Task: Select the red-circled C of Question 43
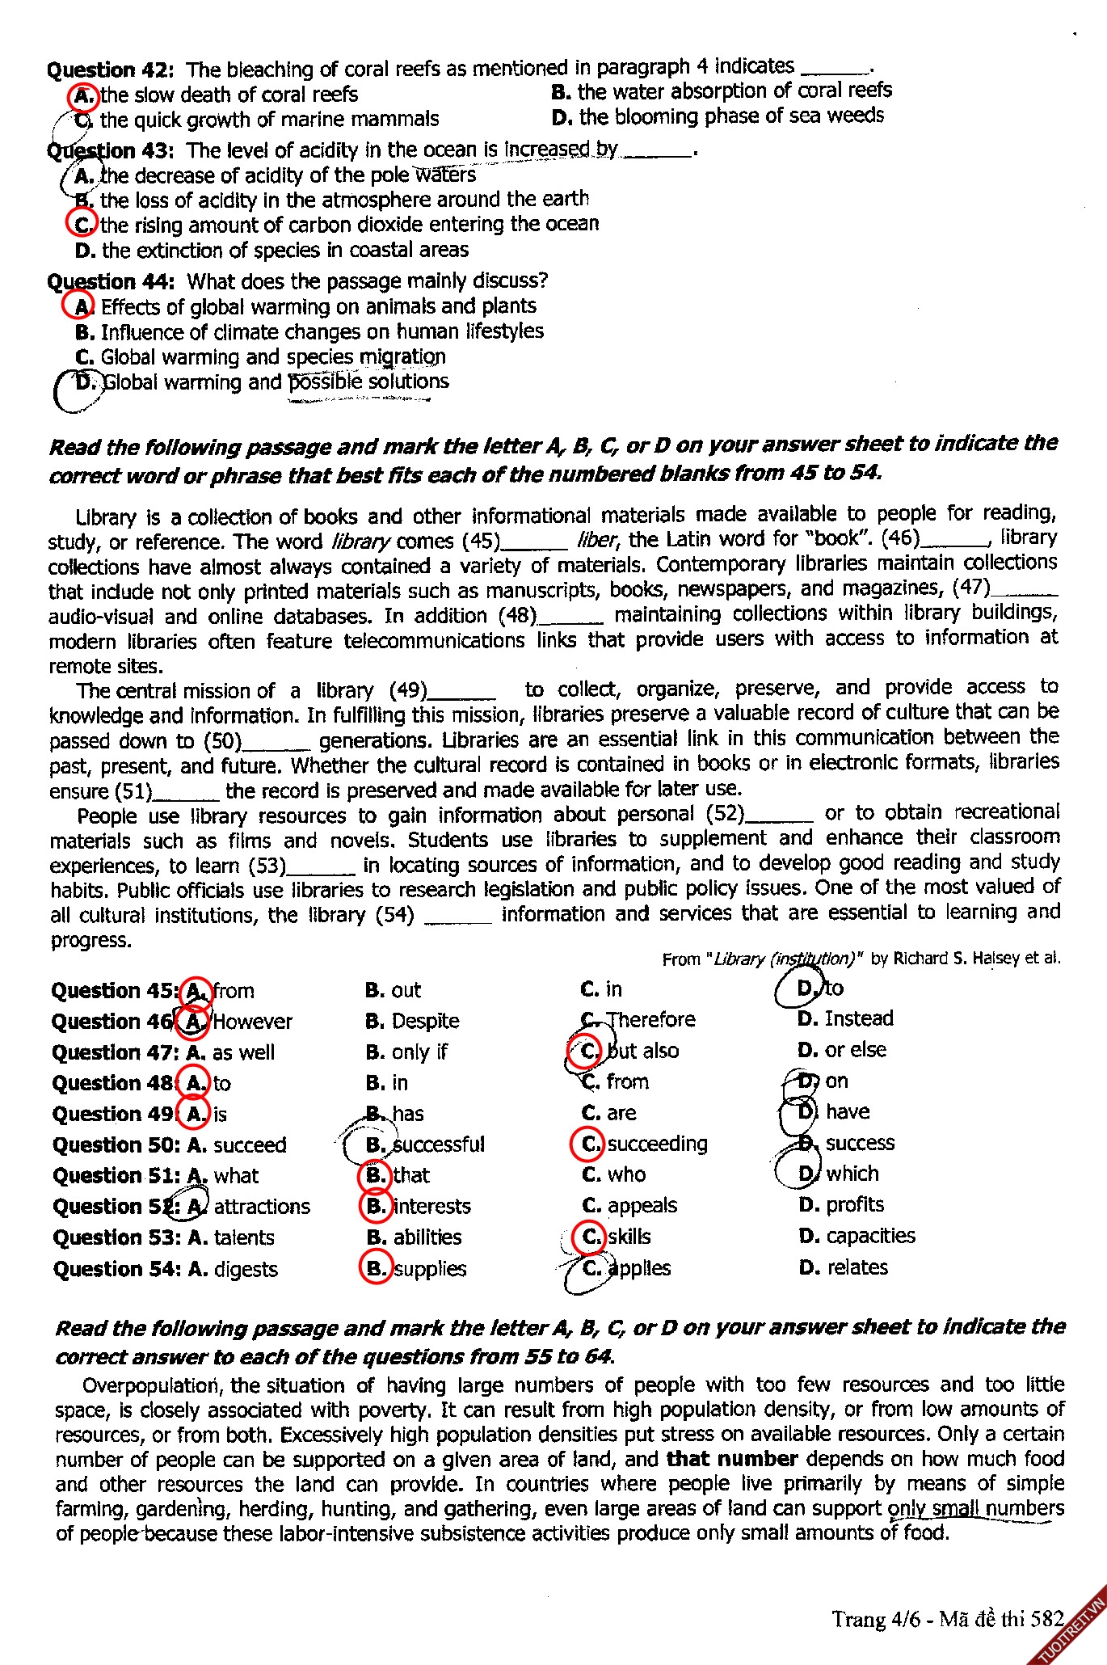coord(82,224)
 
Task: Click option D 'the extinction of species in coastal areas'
coord(271,251)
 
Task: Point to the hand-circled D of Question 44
coord(84,382)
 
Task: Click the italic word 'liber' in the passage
coord(597,540)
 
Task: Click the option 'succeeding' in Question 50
coord(657,1144)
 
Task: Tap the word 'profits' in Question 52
coord(854,1205)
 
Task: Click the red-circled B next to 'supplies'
coord(376,1268)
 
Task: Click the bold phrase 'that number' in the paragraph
coord(732,1460)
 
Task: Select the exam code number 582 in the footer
coord(1047,1619)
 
